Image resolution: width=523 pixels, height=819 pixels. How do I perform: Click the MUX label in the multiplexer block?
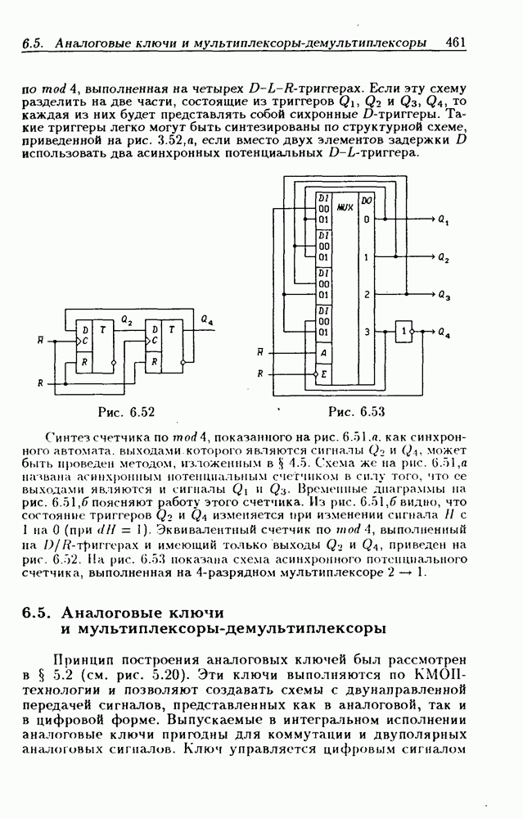(x=345, y=208)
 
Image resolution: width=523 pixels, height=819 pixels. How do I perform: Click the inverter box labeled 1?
(x=404, y=332)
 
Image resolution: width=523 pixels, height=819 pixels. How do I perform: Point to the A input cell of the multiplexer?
(x=324, y=353)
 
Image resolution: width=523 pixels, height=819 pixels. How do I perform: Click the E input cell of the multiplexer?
(x=324, y=373)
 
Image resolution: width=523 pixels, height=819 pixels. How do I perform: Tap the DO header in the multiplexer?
(x=367, y=199)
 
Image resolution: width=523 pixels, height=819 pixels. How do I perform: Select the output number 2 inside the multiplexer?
(x=367, y=294)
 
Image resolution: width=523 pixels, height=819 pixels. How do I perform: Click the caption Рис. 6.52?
(x=126, y=411)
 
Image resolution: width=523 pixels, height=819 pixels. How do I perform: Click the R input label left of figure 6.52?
(x=40, y=382)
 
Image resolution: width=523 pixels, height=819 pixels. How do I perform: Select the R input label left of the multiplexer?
(x=260, y=373)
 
